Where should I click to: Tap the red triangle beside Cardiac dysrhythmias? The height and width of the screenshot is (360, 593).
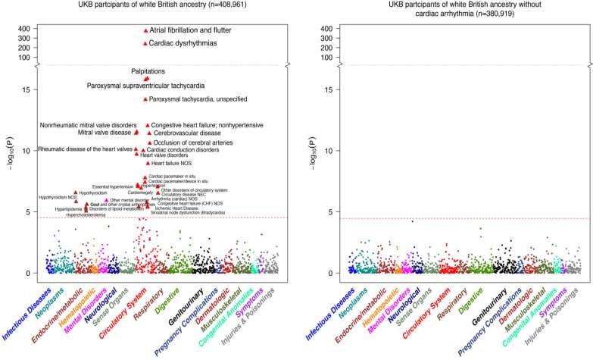tap(145, 44)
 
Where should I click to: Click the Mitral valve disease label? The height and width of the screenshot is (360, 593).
tap(105, 133)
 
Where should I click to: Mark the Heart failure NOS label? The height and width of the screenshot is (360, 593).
tap(172, 163)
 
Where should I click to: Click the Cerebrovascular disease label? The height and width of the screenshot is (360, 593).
tap(187, 133)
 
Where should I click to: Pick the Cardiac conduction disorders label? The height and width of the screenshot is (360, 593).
tap(182, 150)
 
